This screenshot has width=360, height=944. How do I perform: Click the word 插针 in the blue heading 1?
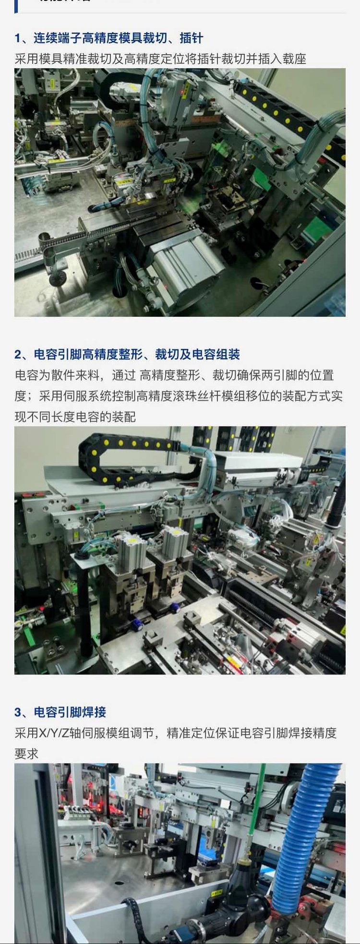191,38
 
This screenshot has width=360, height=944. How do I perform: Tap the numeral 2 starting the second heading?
18,355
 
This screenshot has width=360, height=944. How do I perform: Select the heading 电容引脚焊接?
70,712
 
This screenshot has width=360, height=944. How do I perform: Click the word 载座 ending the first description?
294,59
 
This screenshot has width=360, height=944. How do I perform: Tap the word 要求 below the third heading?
26,754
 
